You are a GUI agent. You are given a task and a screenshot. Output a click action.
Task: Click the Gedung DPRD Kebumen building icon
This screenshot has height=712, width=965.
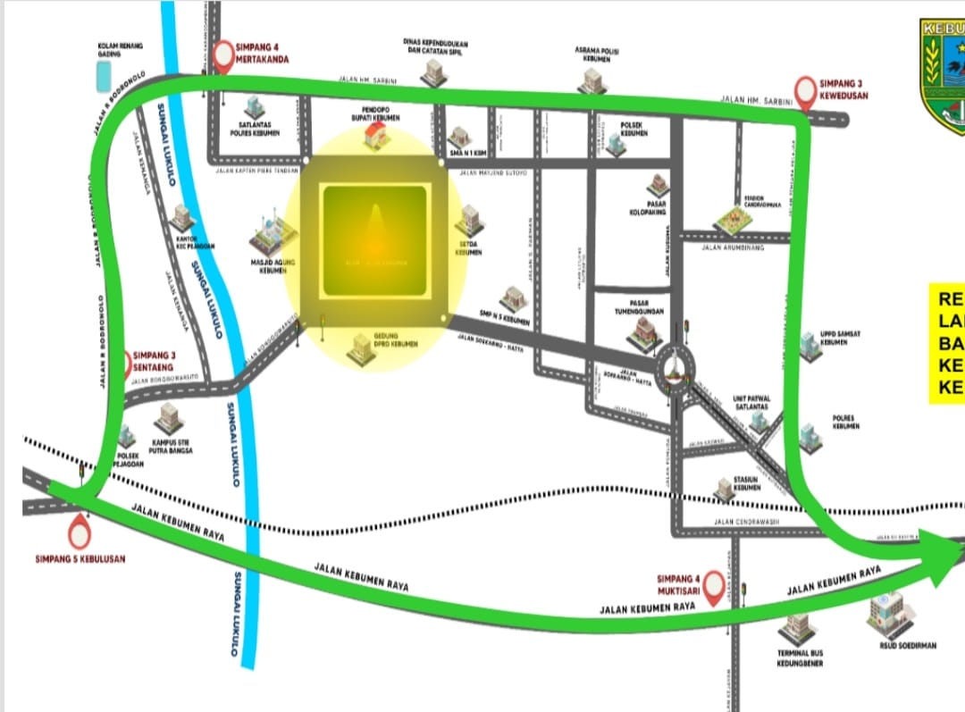361,346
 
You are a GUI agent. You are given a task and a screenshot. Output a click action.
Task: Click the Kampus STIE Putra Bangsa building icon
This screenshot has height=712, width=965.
167,417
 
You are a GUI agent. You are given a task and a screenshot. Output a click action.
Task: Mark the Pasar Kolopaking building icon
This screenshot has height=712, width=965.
659,185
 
